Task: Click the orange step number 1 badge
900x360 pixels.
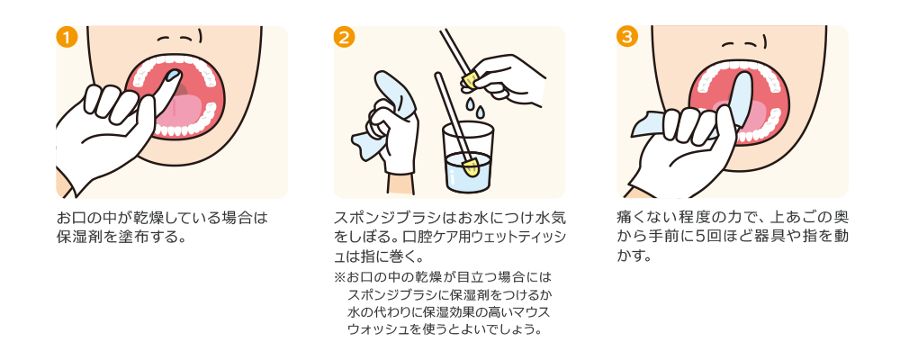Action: pyautogui.click(x=66, y=37)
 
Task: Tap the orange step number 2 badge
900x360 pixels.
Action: pyautogui.click(x=344, y=37)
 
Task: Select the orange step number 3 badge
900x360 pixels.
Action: pyautogui.click(x=627, y=37)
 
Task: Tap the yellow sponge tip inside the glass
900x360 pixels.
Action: pyautogui.click(x=470, y=166)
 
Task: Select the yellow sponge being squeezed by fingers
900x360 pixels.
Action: pyautogui.click(x=470, y=82)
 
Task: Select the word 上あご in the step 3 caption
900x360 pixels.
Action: pyautogui.click(x=797, y=219)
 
